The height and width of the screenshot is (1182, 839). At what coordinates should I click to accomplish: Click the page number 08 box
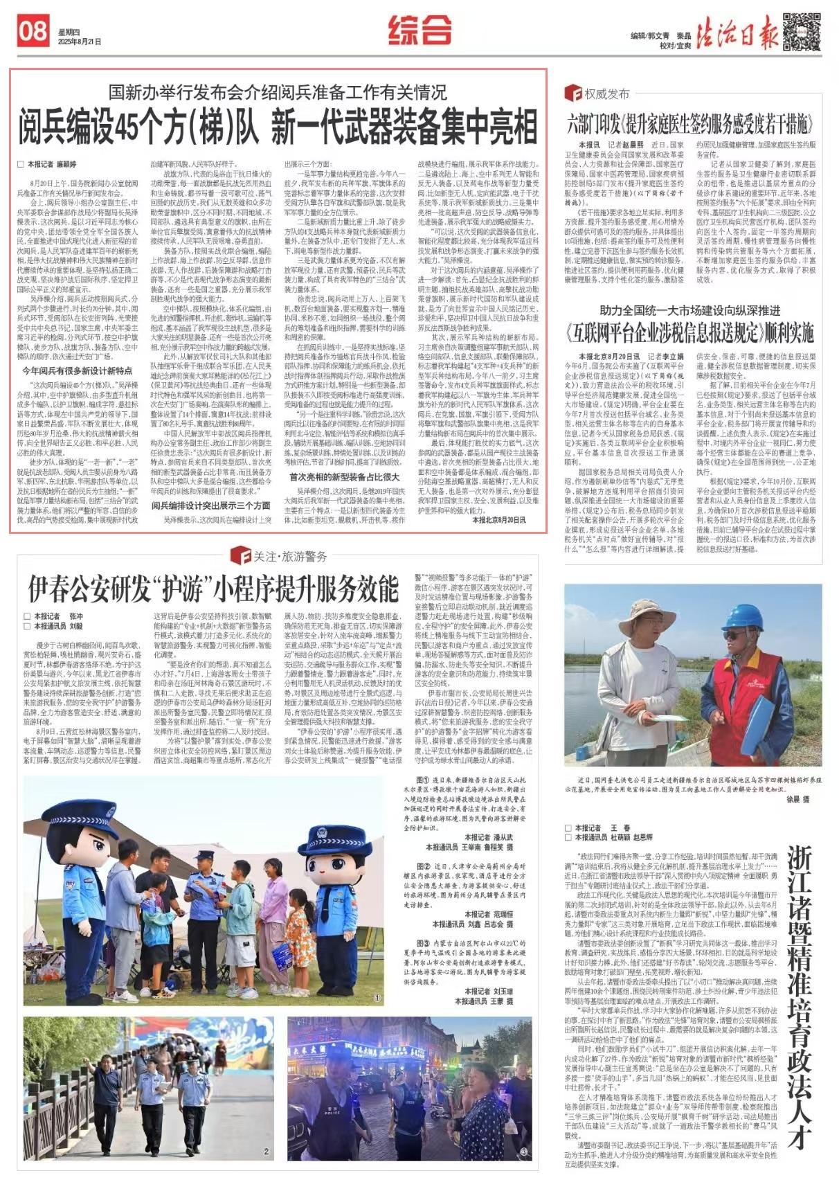click(x=33, y=32)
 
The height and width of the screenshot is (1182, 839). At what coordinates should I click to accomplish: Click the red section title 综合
click(x=419, y=30)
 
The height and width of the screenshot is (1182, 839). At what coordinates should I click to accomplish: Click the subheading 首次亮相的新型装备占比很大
click(x=344, y=476)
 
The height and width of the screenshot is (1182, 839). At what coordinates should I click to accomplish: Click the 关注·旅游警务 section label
click(x=280, y=555)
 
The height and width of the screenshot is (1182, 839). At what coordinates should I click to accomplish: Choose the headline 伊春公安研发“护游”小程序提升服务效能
click(x=213, y=589)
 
